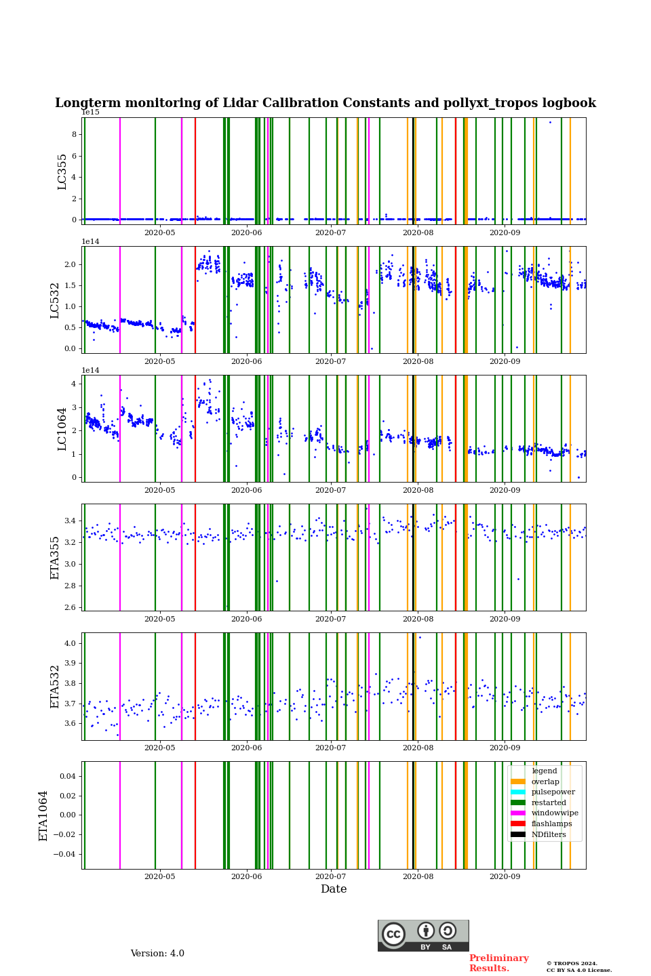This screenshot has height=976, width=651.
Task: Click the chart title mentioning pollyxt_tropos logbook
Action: click(325, 103)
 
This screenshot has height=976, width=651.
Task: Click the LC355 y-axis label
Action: click(62, 171)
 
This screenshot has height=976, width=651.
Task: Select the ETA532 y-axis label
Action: click(56, 686)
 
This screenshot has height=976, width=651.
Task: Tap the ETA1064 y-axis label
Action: click(43, 815)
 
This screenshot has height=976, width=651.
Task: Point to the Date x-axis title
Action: click(334, 889)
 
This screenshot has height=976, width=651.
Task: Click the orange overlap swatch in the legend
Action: click(518, 781)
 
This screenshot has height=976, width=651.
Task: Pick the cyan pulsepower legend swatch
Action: click(518, 792)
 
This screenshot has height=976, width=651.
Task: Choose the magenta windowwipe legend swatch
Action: click(518, 813)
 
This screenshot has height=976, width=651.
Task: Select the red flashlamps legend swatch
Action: click(518, 824)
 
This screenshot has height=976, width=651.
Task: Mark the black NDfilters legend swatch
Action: click(518, 834)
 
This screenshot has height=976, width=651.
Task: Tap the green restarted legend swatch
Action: click(518, 802)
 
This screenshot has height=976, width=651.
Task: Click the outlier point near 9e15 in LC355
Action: click(550, 122)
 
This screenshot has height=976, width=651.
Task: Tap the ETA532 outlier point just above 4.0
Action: click(420, 637)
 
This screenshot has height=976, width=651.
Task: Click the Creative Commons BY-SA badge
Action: click(423, 935)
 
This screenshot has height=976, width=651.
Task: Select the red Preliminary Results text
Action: click(498, 963)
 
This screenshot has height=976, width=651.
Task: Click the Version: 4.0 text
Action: click(157, 954)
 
